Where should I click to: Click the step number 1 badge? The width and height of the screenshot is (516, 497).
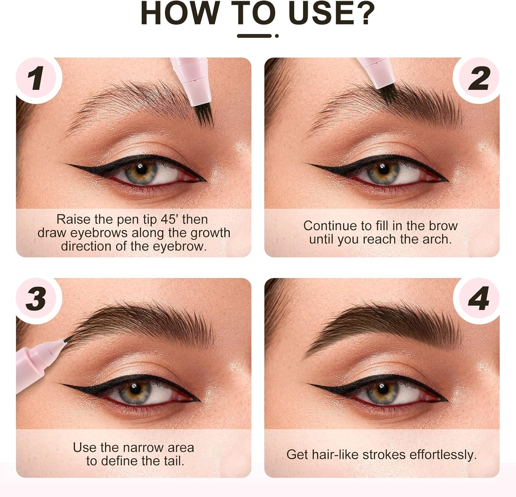[x=36, y=78]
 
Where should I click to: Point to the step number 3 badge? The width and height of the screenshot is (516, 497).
[x=36, y=298]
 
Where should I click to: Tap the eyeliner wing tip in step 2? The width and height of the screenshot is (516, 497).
[x=310, y=164]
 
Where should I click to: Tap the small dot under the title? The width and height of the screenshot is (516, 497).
[x=277, y=36]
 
